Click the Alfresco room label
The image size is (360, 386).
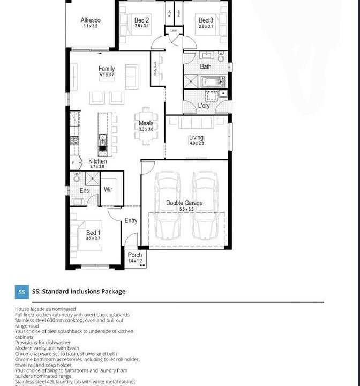(x=91, y=20)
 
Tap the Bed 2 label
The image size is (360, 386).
(x=141, y=20)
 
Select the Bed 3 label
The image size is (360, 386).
(x=206, y=20)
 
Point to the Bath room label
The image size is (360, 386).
(x=206, y=66)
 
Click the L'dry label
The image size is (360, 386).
(x=204, y=106)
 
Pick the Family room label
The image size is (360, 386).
(x=107, y=69)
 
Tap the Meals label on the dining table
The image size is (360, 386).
(x=146, y=124)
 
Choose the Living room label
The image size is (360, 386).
(x=196, y=138)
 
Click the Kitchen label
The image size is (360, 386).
(x=97, y=161)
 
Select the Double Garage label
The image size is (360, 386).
(x=184, y=203)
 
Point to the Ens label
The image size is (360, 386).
(x=84, y=190)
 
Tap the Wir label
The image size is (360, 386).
(x=108, y=190)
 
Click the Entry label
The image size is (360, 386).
(x=131, y=220)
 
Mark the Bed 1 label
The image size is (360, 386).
(x=93, y=233)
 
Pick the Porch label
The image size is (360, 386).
(x=135, y=255)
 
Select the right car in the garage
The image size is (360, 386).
(x=205, y=205)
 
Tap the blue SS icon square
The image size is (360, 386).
(x=22, y=292)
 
